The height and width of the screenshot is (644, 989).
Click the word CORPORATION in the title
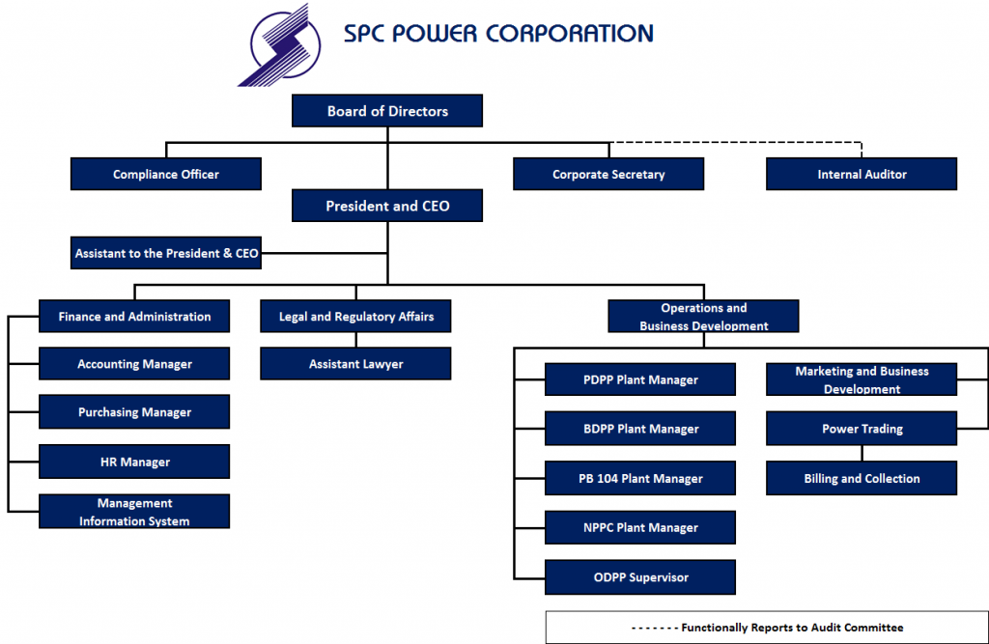point(569,33)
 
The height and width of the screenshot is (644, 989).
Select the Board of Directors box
point(387,111)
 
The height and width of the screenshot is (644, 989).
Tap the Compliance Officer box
point(166,175)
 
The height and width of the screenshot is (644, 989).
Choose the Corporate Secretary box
point(608,175)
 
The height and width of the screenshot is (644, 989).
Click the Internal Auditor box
point(862,175)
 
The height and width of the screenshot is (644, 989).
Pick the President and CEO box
point(387,206)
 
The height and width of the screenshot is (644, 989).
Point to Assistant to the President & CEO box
point(166,253)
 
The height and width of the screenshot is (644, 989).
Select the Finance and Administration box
point(134,317)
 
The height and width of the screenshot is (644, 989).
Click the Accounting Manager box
point(134,364)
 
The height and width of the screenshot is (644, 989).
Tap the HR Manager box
point(134,462)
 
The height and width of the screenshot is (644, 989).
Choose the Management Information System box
point(134,512)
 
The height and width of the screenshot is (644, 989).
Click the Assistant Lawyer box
point(355,364)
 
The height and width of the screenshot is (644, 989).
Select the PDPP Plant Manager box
point(640,379)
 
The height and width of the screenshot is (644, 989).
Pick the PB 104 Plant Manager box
point(640,478)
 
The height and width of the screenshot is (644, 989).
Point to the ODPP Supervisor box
point(640,577)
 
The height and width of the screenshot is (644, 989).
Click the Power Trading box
point(862,429)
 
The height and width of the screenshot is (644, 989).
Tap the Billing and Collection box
point(862,478)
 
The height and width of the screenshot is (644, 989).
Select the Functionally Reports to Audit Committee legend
point(767,628)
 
